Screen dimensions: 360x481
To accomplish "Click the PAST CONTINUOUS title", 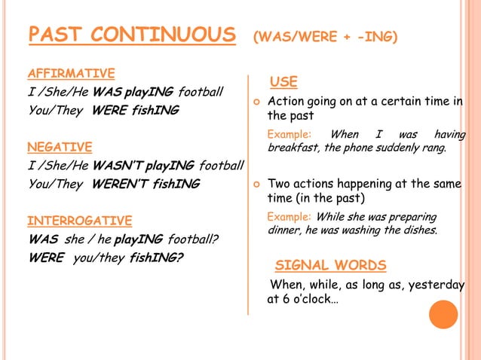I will [x=131, y=35].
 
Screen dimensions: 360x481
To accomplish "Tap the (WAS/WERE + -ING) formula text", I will [x=325, y=37].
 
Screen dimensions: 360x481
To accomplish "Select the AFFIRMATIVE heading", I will [x=71, y=73].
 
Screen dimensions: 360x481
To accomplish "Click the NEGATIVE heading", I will [x=60, y=147].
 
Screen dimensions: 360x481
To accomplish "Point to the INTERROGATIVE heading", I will [x=79, y=221].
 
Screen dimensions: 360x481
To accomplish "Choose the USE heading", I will [x=283, y=82].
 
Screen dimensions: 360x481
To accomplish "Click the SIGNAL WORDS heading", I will [x=330, y=265].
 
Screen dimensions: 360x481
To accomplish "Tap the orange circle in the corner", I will [x=443, y=314].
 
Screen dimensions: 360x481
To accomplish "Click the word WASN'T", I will [x=118, y=165].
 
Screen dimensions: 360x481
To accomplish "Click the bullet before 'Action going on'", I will [x=257, y=102].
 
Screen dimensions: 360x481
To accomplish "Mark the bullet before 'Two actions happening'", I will [x=257, y=184].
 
